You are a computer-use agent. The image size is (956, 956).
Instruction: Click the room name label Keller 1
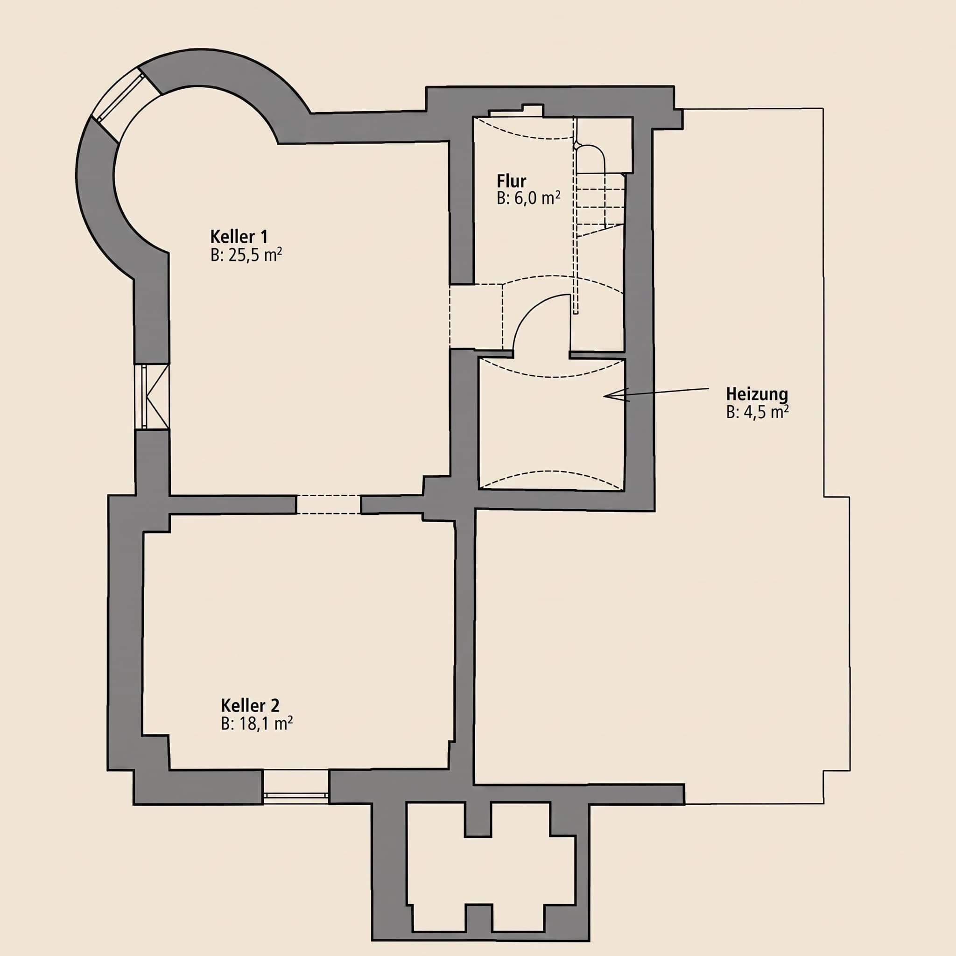(x=239, y=237)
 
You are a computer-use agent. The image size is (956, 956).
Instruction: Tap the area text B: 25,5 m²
(x=246, y=255)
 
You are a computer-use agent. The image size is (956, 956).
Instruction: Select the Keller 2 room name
(x=250, y=705)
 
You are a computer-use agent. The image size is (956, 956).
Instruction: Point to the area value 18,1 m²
(x=266, y=724)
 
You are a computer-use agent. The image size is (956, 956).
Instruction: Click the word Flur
(x=511, y=181)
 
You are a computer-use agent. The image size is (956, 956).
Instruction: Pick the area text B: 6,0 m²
(x=528, y=198)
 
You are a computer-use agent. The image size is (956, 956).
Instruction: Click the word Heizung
(x=757, y=394)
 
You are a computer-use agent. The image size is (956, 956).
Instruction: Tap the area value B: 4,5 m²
(x=757, y=412)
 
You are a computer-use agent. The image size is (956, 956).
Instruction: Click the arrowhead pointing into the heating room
(x=616, y=395)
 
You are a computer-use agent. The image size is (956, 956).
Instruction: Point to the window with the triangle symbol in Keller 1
(x=152, y=397)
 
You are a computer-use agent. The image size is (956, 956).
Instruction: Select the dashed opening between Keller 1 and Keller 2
(x=328, y=504)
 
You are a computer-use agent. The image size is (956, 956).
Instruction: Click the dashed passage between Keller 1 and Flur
(x=476, y=316)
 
